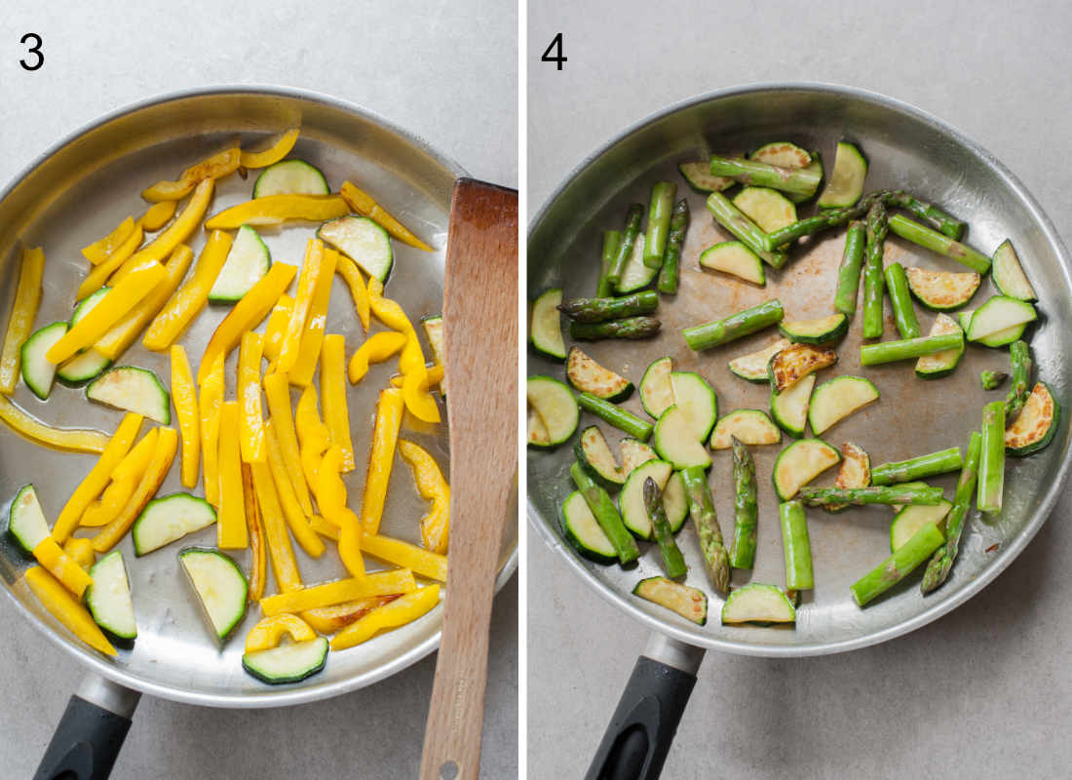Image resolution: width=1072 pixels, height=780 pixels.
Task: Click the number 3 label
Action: point(31,52)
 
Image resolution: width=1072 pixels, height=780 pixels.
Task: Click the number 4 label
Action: point(554,52)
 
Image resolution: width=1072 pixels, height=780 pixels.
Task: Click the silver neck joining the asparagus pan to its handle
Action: point(673,652)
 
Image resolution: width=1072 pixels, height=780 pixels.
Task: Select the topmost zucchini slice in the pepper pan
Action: point(290,179)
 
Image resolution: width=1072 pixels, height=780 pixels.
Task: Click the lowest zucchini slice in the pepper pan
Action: point(286,660)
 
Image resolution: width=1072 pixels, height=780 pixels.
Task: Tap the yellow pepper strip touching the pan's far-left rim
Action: point(21,317)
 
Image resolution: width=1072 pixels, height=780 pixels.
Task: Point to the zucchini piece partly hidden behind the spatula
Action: point(435,341)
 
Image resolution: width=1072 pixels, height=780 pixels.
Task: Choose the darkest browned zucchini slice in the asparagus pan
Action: point(801,364)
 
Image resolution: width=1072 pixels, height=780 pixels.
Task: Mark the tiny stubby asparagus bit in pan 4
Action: point(993,378)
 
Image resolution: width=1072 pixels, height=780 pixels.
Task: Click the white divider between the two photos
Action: point(522,390)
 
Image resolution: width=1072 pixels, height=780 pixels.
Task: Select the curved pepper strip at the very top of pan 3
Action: point(270,149)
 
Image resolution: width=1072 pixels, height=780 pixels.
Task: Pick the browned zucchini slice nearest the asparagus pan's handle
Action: point(670,598)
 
